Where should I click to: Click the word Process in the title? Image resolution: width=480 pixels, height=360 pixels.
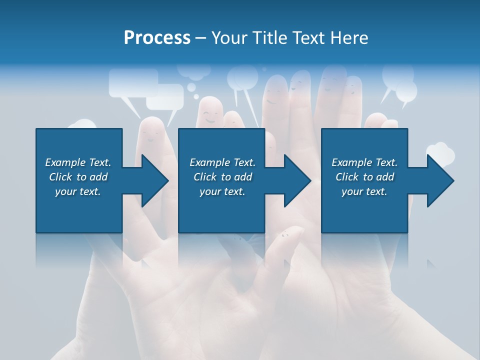(157, 38)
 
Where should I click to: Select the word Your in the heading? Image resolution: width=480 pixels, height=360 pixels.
(230, 38)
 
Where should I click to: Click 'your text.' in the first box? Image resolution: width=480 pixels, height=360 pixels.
(78, 191)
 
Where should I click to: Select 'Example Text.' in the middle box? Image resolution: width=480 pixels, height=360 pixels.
(222, 162)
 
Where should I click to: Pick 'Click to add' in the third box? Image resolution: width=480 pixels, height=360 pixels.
(364, 177)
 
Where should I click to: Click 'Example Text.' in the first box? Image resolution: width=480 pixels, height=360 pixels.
(78, 162)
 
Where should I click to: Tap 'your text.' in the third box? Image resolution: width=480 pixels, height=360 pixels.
(364, 191)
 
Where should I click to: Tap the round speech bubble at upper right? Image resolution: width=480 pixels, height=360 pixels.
(405, 89)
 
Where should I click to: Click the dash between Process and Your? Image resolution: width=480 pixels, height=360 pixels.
(201, 38)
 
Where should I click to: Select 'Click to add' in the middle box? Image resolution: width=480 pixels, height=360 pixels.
(222, 177)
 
